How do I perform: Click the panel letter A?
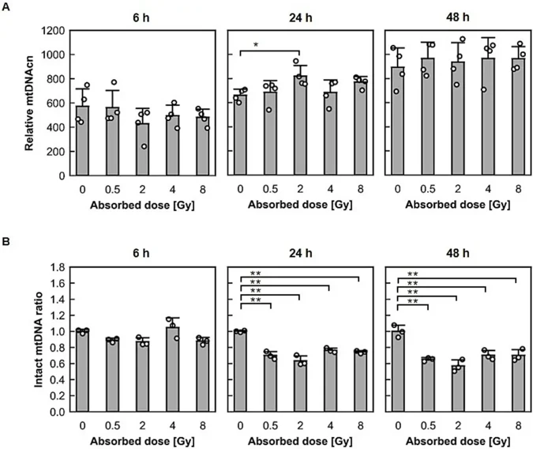[x=6, y=6]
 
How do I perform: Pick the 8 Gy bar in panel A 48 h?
[x=516, y=126]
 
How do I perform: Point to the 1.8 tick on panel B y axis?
[x=54, y=267]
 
